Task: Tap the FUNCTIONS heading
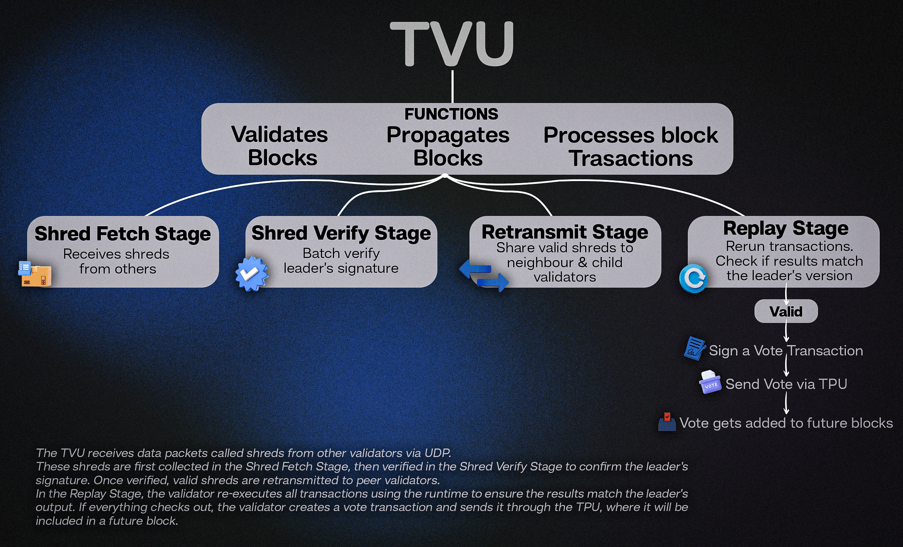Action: [x=451, y=114]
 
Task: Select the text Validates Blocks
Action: [x=280, y=146]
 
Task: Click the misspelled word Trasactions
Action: [x=630, y=159]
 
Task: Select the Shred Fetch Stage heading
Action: [x=123, y=234]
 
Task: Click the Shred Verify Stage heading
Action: [x=341, y=233]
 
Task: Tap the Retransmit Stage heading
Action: [x=565, y=232]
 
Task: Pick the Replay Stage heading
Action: [x=786, y=228]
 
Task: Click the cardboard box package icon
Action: [x=35, y=274]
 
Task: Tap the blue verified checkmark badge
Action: [x=251, y=273]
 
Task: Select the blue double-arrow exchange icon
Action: [x=484, y=275]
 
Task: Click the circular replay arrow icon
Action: [x=693, y=279]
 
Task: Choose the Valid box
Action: [x=786, y=311]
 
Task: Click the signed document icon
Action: [x=694, y=348]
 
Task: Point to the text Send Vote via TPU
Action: [x=786, y=384]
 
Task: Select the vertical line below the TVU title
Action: [x=453, y=86]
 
